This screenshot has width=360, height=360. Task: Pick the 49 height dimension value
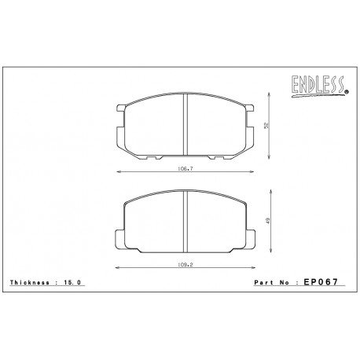click(267, 222)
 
